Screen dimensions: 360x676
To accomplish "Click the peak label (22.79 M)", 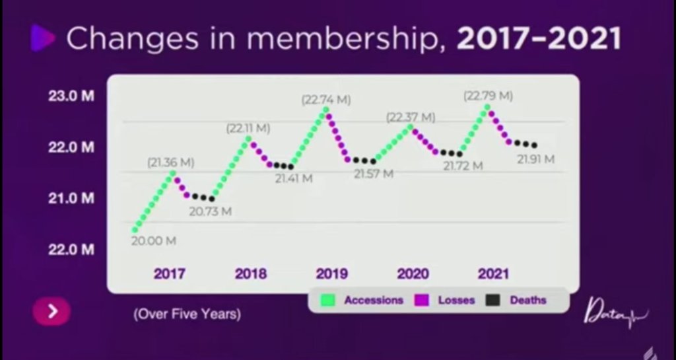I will click(x=488, y=96).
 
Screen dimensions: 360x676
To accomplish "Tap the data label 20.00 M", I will click(x=154, y=241).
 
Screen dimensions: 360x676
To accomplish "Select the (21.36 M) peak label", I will click(x=171, y=162).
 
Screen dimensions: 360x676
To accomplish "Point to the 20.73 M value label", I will click(x=211, y=211).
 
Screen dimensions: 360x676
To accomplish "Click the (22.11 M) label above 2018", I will click(x=248, y=128).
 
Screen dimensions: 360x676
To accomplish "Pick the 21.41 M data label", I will click(x=294, y=178).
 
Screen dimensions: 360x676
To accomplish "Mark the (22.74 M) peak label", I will click(x=326, y=100).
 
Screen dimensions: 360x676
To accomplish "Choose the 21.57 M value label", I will click(x=374, y=174).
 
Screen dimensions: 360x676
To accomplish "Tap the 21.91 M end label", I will click(x=535, y=159).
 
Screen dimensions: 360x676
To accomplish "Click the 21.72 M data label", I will click(x=463, y=166).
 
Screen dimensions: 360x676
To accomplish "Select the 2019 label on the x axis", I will click(x=332, y=273).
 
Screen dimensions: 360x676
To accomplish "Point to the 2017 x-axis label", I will click(x=170, y=273).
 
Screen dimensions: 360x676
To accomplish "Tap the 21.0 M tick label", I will click(x=71, y=198).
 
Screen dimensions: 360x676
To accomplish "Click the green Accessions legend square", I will click(x=328, y=301).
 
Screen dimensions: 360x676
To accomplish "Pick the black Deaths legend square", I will click(x=492, y=301).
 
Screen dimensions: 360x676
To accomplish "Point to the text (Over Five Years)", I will click(x=187, y=314).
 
